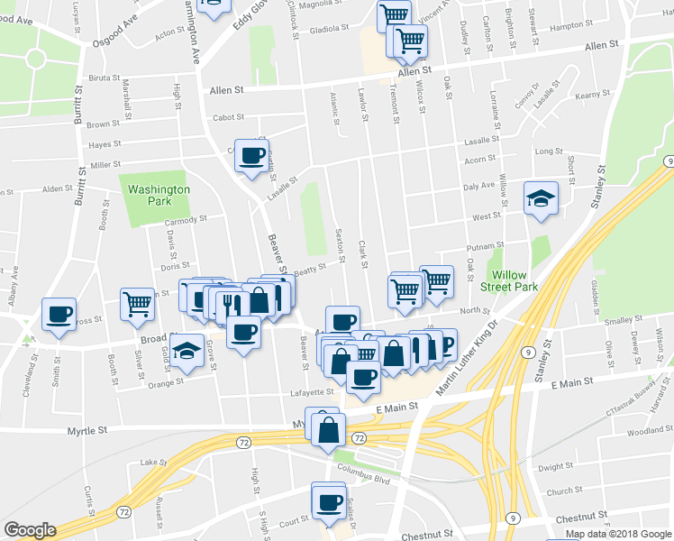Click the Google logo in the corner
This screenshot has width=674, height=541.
29,530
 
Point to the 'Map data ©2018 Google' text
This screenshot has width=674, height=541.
618,534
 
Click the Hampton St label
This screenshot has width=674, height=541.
567,26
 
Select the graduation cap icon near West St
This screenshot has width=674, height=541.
541,198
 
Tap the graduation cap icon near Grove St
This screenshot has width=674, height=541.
187,351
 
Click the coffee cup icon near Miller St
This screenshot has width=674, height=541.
251,154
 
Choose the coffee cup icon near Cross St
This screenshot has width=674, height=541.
59,315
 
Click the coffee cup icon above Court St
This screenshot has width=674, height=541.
329,500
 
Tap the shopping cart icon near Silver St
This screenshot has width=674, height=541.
137,304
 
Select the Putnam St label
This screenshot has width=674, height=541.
485,246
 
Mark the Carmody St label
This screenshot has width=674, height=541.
187,218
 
